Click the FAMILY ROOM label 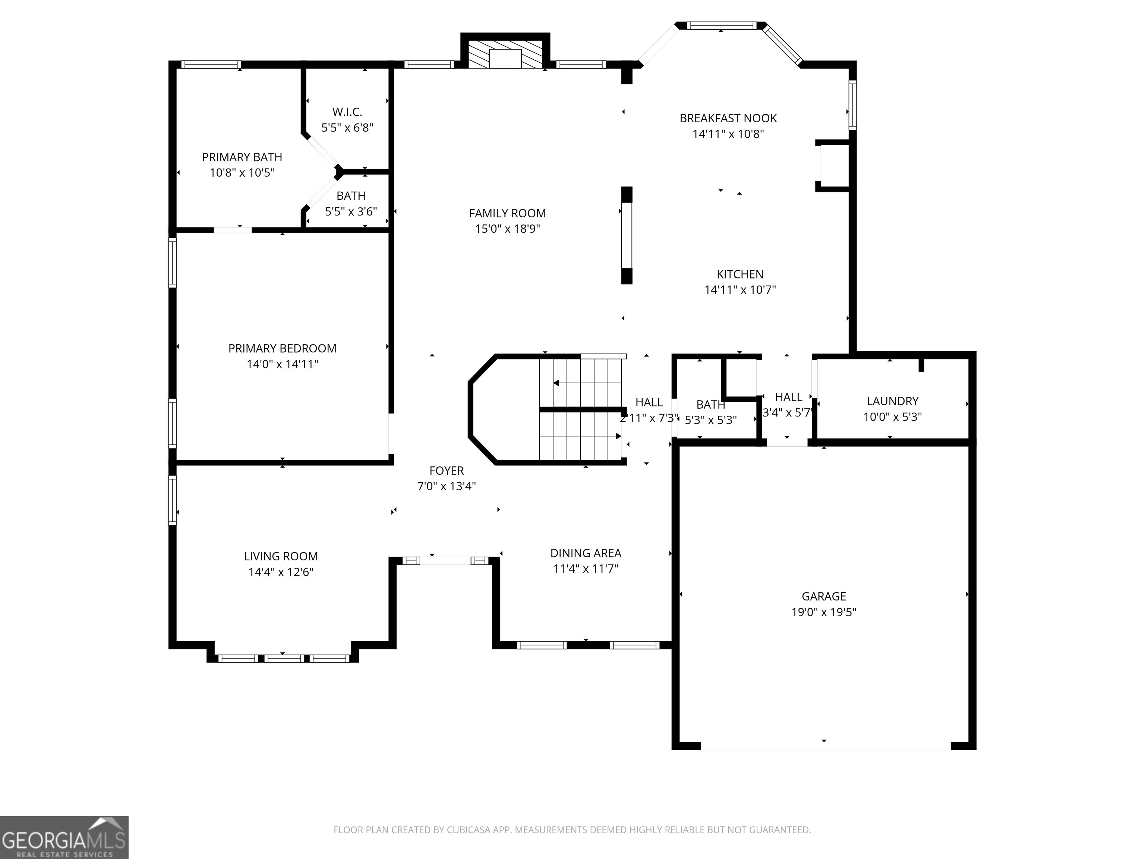pos(507,213)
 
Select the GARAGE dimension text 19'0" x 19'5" pos(824,612)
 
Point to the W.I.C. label pos(347,112)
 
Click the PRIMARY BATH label pos(242,157)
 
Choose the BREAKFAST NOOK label pos(728,118)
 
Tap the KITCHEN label pos(740,274)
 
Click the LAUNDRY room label pos(892,401)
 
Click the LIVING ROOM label pos(281,556)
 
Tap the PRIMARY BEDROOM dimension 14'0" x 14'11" pos(282,364)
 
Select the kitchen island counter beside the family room pos(626,236)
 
